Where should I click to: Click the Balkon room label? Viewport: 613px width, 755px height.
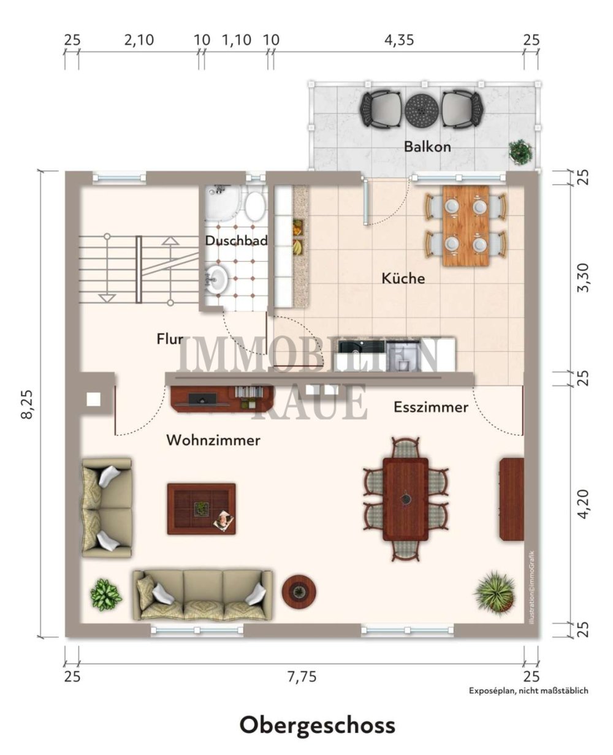coord(427,147)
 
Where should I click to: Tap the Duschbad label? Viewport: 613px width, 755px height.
coord(236,241)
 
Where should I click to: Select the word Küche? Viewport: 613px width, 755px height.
coord(403,278)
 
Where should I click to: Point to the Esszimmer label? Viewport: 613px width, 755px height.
coord(431,407)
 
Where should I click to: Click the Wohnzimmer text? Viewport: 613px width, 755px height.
coord(213,440)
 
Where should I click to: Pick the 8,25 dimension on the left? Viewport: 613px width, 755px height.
coord(26,404)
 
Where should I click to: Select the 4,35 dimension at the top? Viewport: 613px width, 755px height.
coord(399,40)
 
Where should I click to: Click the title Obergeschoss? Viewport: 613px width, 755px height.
coord(317,725)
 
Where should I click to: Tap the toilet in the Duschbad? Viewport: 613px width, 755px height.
coord(254,205)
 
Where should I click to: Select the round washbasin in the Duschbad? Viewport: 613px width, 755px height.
coord(217,279)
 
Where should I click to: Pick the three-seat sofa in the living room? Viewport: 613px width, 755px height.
coord(203,594)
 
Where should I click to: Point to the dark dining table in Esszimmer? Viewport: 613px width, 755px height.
coord(405,499)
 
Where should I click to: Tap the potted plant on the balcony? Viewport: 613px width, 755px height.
coord(520,151)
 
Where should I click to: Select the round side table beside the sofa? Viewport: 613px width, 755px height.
coord(299,591)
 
